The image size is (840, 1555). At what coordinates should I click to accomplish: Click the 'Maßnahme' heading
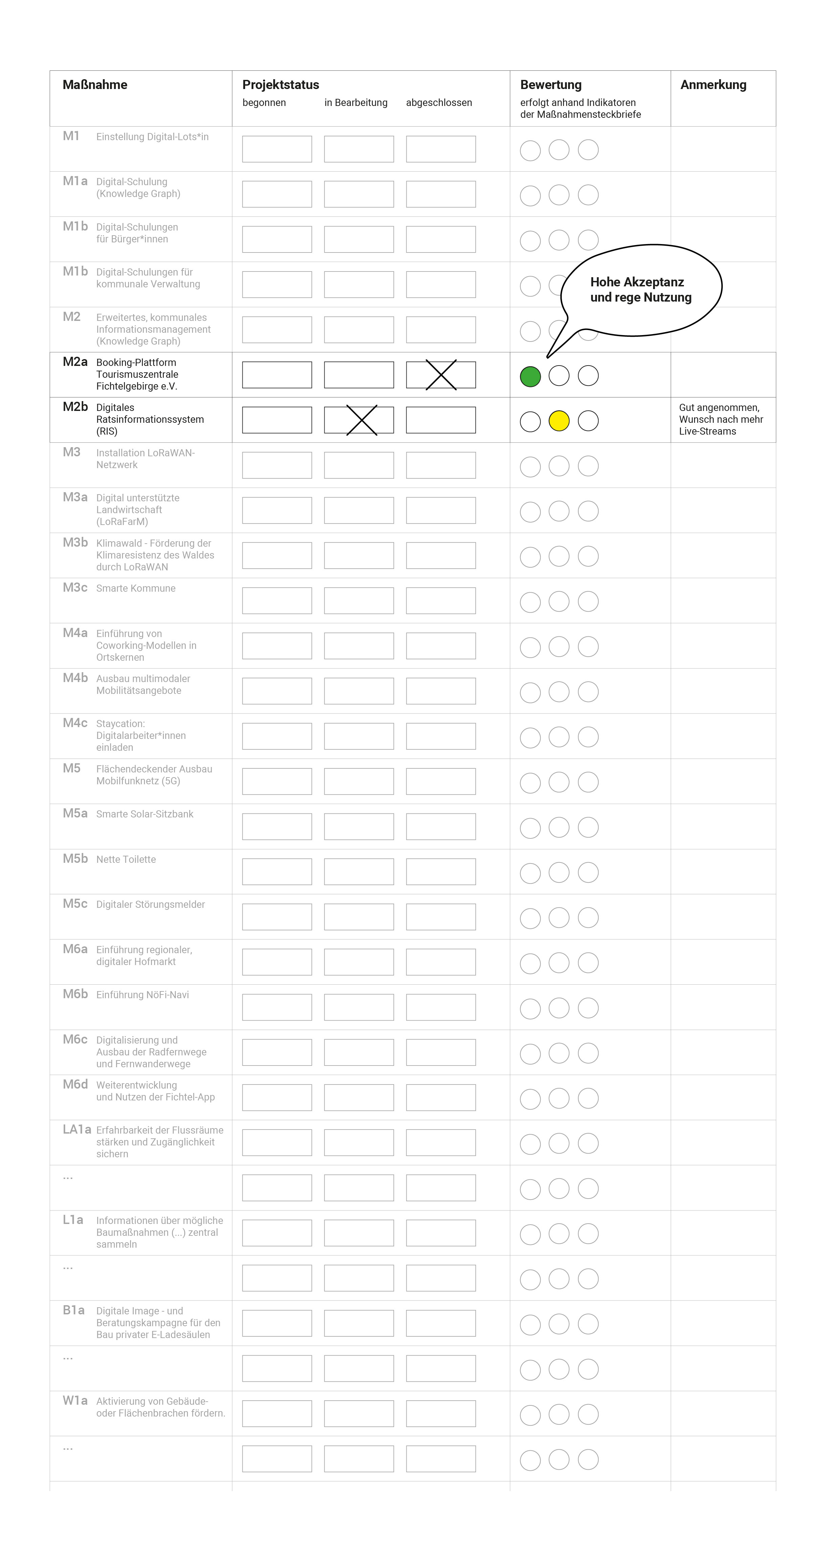pos(95,85)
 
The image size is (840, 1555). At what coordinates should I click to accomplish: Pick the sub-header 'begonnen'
pos(264,103)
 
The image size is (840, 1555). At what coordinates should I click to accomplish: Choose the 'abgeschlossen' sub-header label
pos(439,103)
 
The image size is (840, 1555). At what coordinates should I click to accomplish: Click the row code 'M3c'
pos(75,587)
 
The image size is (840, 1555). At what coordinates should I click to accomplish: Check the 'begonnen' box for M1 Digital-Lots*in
pos(277,149)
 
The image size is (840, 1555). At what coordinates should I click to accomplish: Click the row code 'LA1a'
pos(77,1130)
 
